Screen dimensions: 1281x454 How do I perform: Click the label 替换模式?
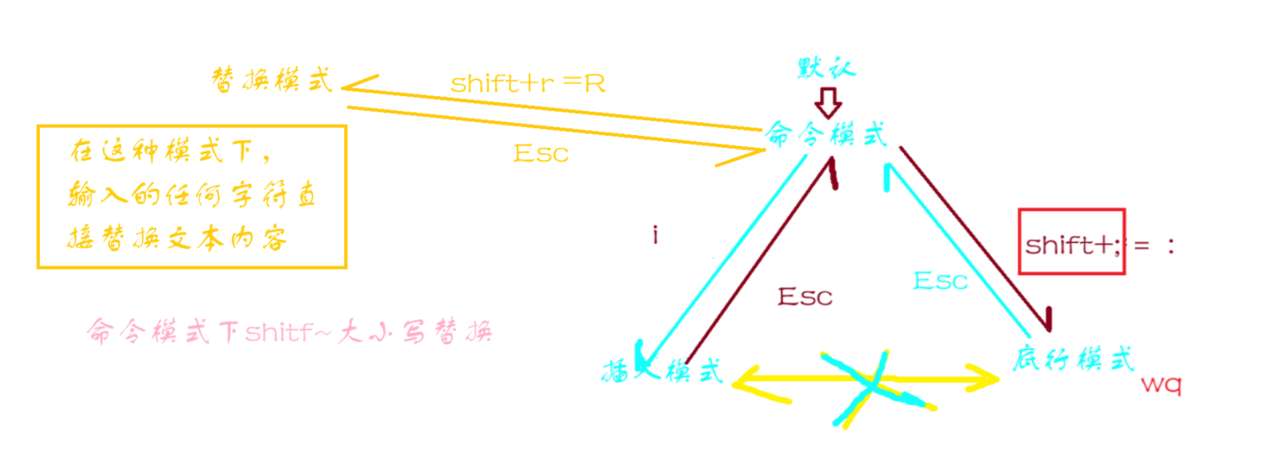pos(272,80)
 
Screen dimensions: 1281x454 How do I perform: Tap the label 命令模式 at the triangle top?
pos(826,135)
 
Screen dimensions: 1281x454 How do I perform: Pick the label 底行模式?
pos(1073,359)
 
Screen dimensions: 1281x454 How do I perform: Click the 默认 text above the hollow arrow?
pos(826,69)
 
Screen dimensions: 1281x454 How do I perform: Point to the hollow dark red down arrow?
pos(828,103)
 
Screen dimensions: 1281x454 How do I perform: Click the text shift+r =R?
pos(527,83)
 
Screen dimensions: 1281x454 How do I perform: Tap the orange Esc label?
pos(541,154)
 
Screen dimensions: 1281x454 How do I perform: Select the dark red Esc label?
pos(805,297)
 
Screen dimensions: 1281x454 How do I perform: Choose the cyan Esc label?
pos(940,281)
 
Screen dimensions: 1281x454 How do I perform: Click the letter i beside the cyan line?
pos(655,235)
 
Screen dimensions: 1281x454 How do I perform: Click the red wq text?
pos(1161,385)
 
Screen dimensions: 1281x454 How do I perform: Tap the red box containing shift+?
pos(1071,242)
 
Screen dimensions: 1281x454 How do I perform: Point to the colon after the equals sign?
pos(1171,245)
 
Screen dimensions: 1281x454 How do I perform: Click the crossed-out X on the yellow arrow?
pos(872,384)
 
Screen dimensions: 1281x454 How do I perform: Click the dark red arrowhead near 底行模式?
pos(1046,320)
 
